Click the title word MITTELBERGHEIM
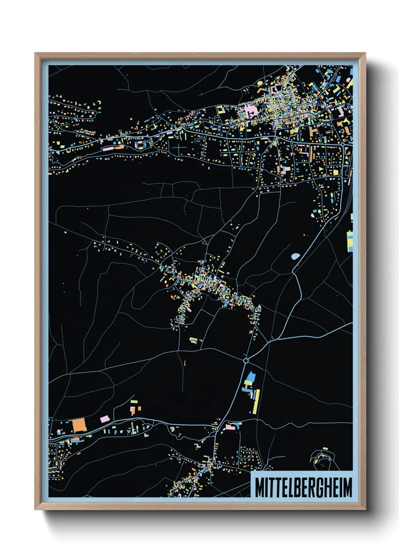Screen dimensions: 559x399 [x=303, y=487]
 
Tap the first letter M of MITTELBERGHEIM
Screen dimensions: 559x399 [x=259, y=487]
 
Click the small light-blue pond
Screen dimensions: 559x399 [x=295, y=256]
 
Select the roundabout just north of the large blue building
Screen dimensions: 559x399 [x=246, y=361]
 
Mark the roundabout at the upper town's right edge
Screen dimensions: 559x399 [x=342, y=144]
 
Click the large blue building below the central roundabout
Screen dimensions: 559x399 [x=250, y=377]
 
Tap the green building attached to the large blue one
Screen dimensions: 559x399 [x=247, y=383]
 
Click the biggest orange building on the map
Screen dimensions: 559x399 [x=79, y=425]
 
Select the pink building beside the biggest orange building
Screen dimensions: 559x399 [x=104, y=418]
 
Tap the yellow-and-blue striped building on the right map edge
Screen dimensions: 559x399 [x=350, y=241]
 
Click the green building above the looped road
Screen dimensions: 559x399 [x=325, y=448]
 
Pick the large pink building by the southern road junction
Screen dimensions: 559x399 [x=230, y=427]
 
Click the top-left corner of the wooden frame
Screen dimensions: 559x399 [x=35, y=53]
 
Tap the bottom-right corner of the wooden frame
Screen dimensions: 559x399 [x=365, y=510]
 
